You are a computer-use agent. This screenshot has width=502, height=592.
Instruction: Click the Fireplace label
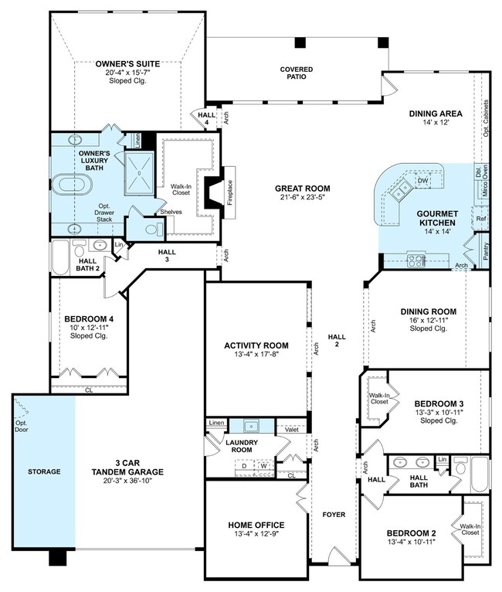click(230, 192)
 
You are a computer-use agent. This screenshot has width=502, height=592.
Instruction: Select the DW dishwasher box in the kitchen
click(423, 181)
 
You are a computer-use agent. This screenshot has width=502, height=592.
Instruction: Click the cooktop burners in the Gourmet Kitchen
click(416, 260)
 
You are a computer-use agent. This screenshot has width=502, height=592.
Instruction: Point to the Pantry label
click(486, 250)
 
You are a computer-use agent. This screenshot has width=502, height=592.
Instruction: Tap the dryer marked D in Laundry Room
click(244, 466)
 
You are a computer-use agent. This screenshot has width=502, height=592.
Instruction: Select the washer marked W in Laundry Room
click(263, 466)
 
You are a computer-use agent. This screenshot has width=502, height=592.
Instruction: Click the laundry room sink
click(251, 427)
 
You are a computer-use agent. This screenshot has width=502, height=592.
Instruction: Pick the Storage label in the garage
click(44, 471)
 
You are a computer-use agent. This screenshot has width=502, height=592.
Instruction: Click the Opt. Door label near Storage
click(22, 427)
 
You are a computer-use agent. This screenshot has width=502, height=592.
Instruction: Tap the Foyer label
click(334, 515)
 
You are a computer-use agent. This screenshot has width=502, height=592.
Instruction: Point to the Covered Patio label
click(297, 73)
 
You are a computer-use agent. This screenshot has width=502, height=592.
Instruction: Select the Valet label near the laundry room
click(292, 429)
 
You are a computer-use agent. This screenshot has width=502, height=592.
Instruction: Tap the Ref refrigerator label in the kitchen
click(481, 219)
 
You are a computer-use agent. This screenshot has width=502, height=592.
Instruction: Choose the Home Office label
click(256, 525)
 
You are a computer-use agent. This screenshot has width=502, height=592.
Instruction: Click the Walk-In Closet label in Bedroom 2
click(470, 529)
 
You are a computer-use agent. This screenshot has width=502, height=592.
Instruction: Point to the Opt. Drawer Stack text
click(104, 213)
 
